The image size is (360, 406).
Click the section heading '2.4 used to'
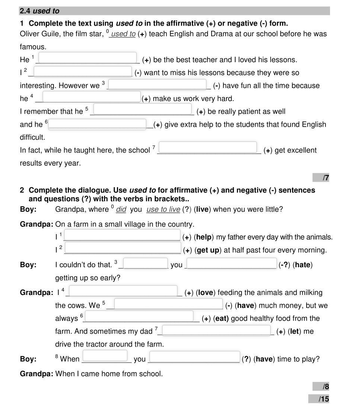pos(40,11)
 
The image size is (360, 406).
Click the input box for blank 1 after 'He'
pos(88,58)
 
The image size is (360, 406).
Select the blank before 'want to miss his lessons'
pos(82,71)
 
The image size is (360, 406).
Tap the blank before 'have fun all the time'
pos(157,84)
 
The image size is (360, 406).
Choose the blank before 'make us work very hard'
pos(91,97)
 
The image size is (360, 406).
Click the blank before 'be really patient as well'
pos(143,110)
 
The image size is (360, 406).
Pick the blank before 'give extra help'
pos(98,124)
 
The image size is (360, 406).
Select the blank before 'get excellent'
pos(208,147)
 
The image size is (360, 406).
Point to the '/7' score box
pos(321,178)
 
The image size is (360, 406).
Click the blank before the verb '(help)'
pos(122,236)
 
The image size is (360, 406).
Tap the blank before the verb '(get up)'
pos(123,248)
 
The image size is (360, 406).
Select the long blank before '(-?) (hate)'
pos(232,263)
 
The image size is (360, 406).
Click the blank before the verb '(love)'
pos(124,291)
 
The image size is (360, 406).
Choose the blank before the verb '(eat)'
pos(140,316)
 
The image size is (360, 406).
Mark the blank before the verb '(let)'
pos(216,330)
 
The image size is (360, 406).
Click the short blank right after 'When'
pos(105,356)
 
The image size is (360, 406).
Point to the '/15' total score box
pos(319,399)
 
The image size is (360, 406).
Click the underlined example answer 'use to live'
pos(163,210)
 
